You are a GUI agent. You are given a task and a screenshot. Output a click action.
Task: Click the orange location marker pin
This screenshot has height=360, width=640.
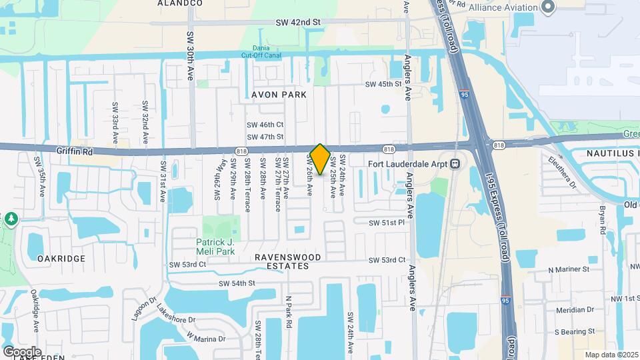point(320,159)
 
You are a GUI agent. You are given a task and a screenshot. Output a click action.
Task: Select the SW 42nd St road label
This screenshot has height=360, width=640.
point(298,22)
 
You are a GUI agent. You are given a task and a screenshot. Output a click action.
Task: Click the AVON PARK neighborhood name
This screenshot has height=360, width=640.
point(279,95)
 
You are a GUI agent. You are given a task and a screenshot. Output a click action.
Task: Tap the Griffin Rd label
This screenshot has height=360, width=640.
point(77,151)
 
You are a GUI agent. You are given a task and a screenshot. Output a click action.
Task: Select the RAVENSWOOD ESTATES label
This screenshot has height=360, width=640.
point(288,261)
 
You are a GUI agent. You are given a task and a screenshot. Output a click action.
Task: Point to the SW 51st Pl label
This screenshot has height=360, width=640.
point(387,222)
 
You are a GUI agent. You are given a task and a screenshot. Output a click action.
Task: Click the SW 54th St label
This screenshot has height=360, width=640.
point(237,283)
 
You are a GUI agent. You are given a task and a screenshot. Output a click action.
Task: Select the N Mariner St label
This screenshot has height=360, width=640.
point(569,270)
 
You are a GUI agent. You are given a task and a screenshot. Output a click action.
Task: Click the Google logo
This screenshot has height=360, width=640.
point(22,351)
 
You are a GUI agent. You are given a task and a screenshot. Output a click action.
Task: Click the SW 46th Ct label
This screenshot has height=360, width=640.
point(265,125)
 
